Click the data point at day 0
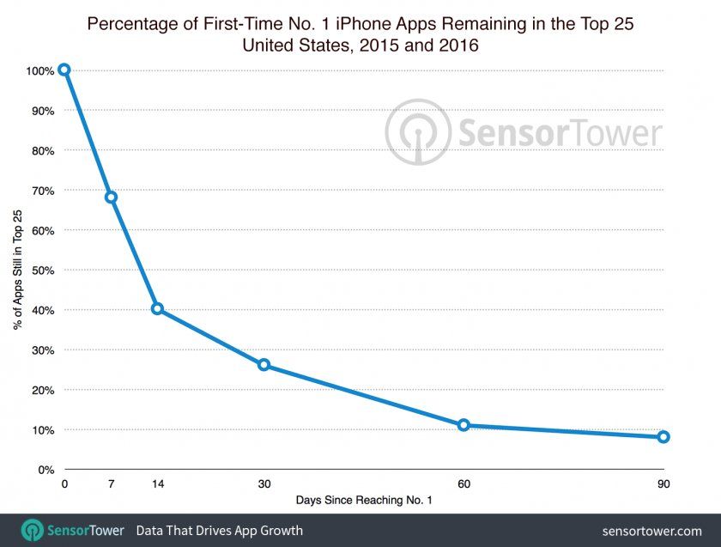[x=64, y=70]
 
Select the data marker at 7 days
[x=111, y=197]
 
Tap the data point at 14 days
[x=157, y=308]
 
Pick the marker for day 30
[x=264, y=365]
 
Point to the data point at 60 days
[x=463, y=425]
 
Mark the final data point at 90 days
[x=663, y=437]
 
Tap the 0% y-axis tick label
[x=45, y=470]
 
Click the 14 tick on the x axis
[x=157, y=484]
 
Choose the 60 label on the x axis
[x=463, y=484]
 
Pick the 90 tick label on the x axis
[x=663, y=484]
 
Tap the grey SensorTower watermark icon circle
[x=417, y=132]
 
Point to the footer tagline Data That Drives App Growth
[x=219, y=531]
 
